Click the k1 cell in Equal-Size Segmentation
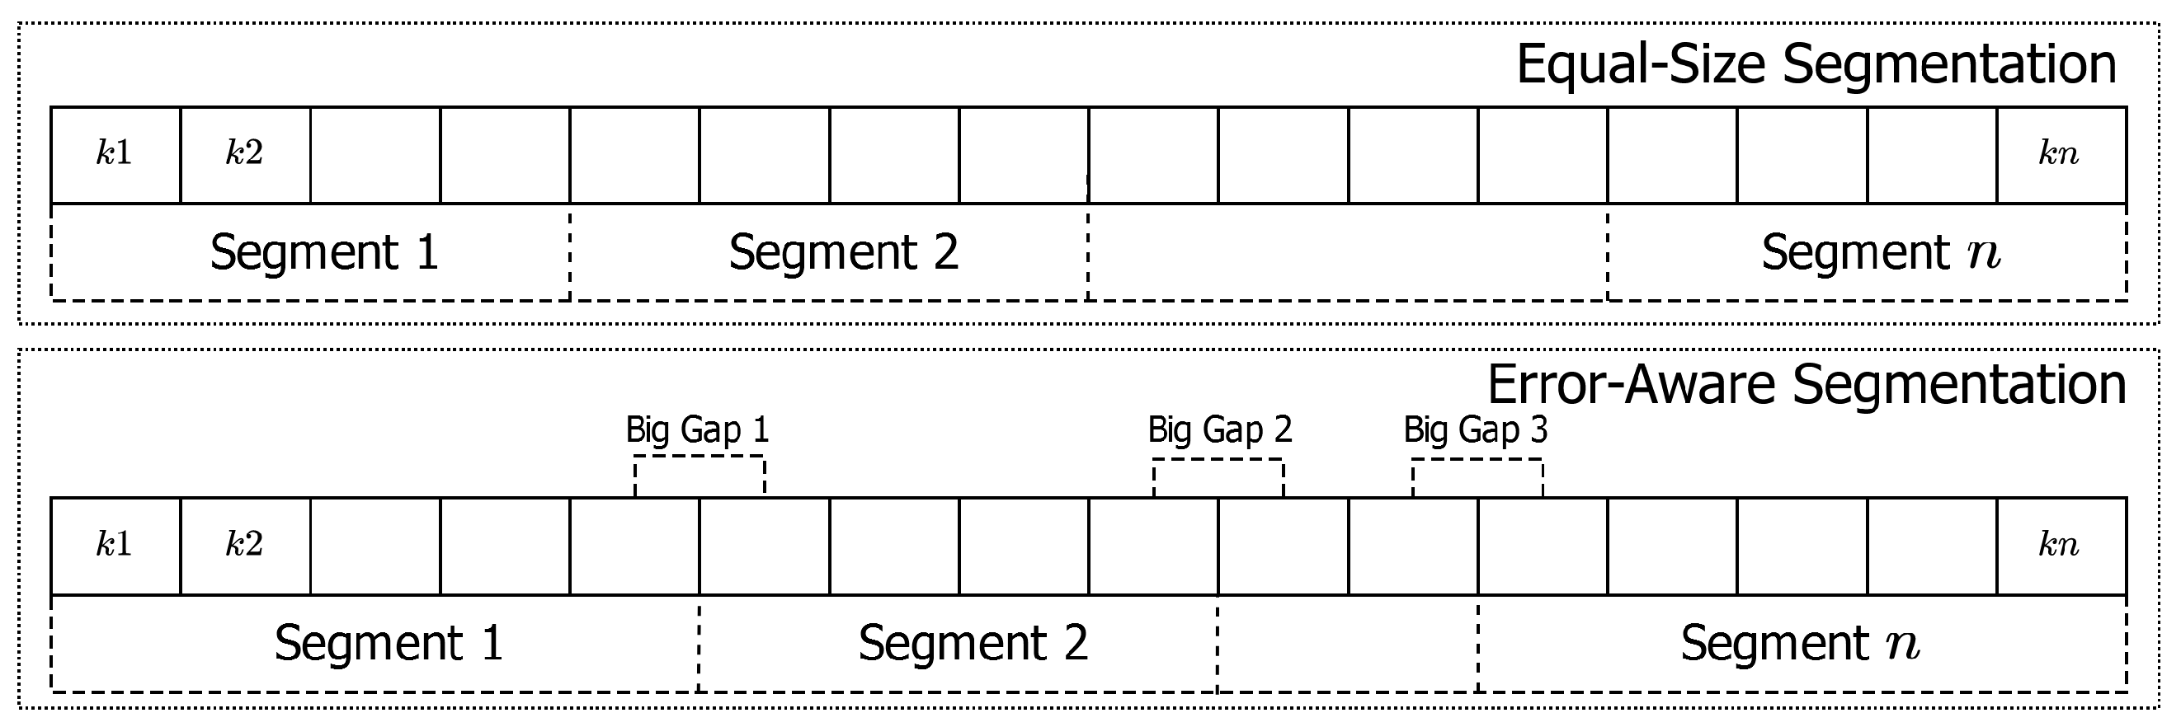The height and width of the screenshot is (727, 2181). (115, 154)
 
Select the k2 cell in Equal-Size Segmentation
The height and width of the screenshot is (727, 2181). (245, 154)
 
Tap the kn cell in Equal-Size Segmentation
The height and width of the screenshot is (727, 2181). (2060, 154)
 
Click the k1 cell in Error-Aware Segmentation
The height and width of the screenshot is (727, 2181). (115, 545)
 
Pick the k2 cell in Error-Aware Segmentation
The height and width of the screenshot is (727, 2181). (245, 545)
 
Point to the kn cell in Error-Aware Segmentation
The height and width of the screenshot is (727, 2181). (2060, 545)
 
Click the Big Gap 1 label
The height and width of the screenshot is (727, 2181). (697, 430)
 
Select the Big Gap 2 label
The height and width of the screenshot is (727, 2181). (1219, 430)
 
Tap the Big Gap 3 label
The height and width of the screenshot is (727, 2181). (1475, 430)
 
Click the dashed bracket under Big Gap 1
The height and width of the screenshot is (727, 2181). (700, 457)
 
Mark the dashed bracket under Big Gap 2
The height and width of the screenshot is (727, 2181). (1218, 461)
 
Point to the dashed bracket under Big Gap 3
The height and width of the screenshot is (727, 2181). (1477, 461)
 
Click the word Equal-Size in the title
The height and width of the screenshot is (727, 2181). (1640, 64)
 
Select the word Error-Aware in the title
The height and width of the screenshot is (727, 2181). (1630, 385)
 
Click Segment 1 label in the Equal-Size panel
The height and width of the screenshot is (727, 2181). (324, 252)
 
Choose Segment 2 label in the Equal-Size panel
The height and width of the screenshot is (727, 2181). (843, 252)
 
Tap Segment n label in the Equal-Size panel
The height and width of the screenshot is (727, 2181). (1882, 252)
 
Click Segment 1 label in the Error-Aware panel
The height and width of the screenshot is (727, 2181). (389, 643)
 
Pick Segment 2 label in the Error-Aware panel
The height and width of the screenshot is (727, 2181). (973, 643)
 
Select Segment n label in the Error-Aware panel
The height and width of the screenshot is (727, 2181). (1800, 643)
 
